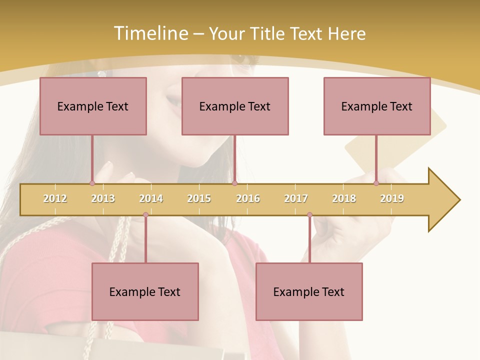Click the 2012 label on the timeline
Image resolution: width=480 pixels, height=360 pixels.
coord(55,198)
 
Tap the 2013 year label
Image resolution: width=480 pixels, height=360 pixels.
coord(103,198)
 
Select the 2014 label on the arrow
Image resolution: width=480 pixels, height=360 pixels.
coord(151,198)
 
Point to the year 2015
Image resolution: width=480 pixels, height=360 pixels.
coord(199,198)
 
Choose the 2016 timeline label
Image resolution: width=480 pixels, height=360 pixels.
coord(248,198)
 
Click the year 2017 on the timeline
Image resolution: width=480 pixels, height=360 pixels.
coord(296,198)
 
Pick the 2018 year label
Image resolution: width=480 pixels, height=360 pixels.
coord(344,198)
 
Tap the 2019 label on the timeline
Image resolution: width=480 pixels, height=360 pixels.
coord(392,198)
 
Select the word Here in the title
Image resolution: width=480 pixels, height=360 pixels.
coord(346,33)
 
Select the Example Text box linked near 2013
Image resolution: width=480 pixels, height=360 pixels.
coord(93,106)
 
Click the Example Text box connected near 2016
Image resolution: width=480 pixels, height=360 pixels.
coord(235,106)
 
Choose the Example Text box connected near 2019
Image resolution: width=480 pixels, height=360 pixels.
coord(377,106)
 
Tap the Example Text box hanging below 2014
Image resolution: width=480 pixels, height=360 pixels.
coord(145,291)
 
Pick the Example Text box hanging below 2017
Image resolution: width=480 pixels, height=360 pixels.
coord(309,291)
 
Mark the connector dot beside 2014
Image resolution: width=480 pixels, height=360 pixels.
coord(145,215)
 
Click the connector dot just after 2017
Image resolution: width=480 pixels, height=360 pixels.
coord(309,215)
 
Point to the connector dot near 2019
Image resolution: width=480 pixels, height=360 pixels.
coord(376,183)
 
